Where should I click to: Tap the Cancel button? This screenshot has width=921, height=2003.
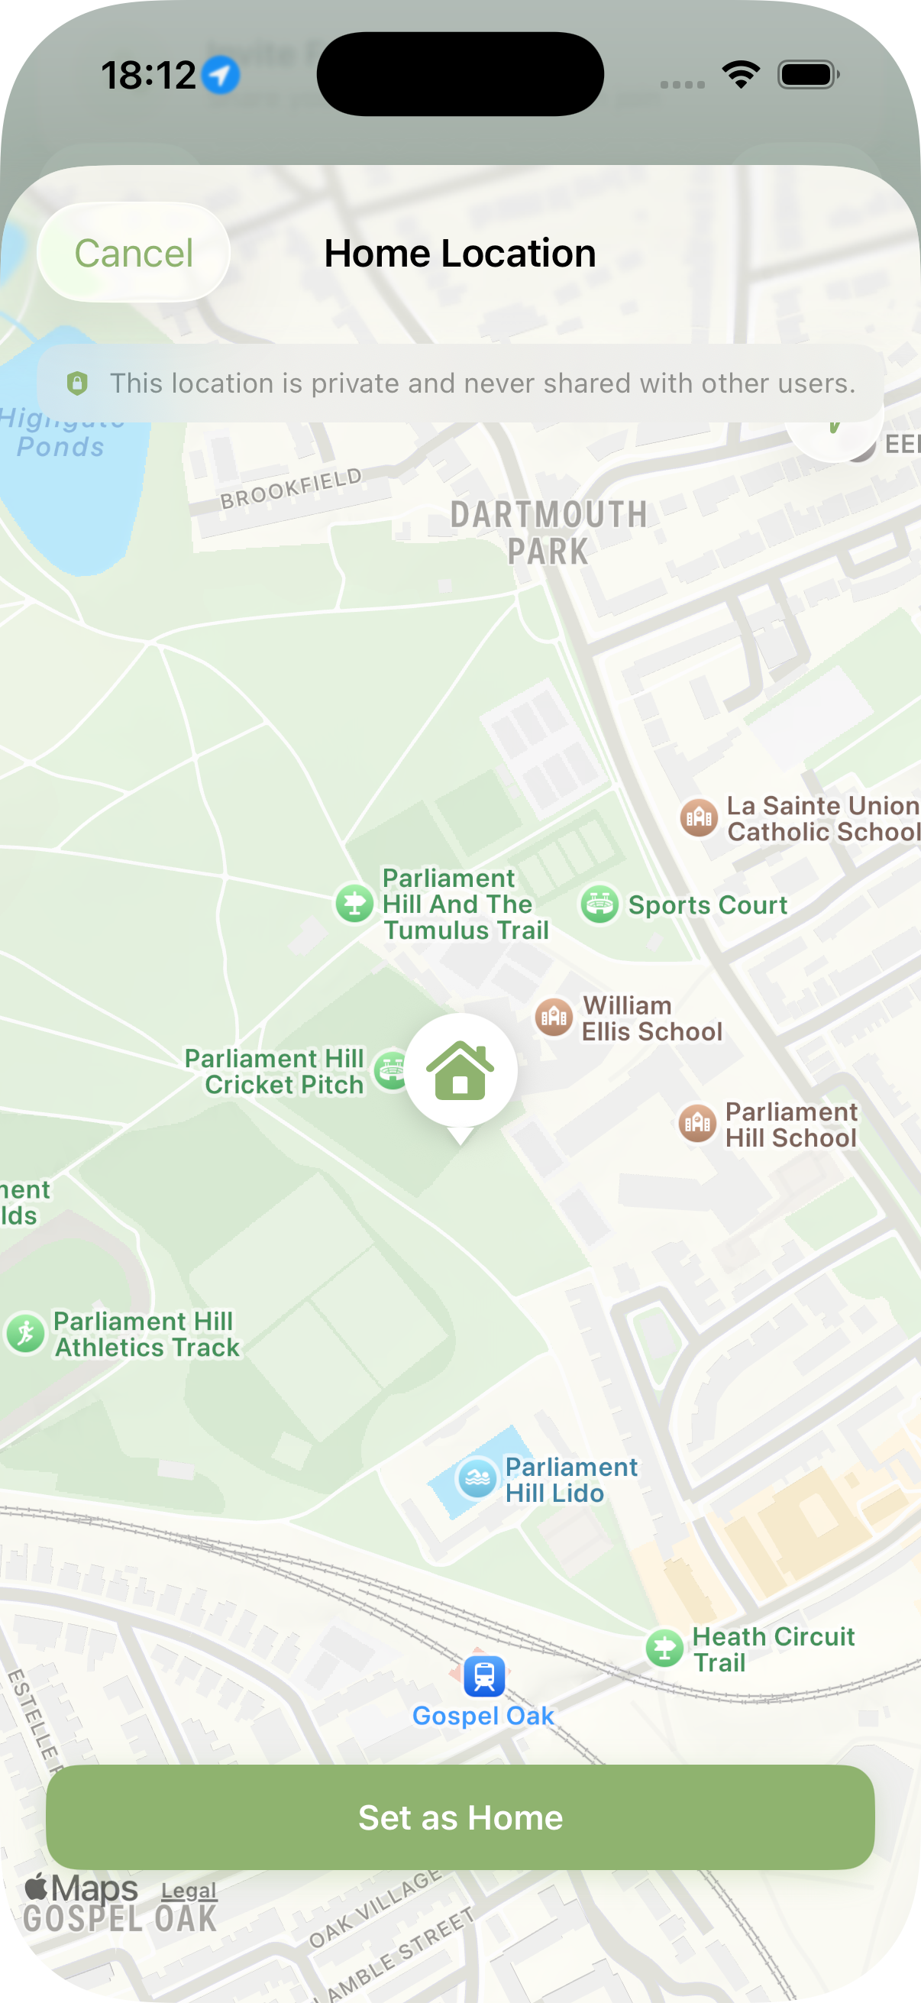(133, 254)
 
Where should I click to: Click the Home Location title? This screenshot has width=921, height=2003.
(460, 254)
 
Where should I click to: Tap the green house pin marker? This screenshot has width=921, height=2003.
(461, 1071)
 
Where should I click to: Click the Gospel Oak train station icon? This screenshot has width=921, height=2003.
(483, 1675)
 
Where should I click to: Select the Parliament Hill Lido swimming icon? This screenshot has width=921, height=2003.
(477, 1478)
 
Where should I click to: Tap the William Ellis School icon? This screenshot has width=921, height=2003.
(554, 1017)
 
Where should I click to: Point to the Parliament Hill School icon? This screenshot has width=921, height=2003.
(697, 1124)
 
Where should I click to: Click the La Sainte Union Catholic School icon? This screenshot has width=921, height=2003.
(699, 817)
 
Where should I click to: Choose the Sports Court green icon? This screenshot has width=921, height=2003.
(599, 904)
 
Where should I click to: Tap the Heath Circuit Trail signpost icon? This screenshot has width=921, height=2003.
(664, 1649)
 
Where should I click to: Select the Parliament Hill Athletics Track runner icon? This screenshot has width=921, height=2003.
(26, 1333)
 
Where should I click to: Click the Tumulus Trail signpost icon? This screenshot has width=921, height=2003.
(354, 904)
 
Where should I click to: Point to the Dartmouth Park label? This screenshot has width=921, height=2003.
(549, 532)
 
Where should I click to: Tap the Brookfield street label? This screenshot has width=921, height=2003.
(292, 488)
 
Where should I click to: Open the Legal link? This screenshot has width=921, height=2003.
(189, 1889)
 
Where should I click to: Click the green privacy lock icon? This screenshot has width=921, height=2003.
(77, 383)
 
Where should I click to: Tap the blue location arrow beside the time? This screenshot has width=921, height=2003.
(221, 76)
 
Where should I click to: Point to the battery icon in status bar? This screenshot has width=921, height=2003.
(807, 76)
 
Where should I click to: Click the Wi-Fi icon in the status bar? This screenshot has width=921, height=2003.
(741, 75)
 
